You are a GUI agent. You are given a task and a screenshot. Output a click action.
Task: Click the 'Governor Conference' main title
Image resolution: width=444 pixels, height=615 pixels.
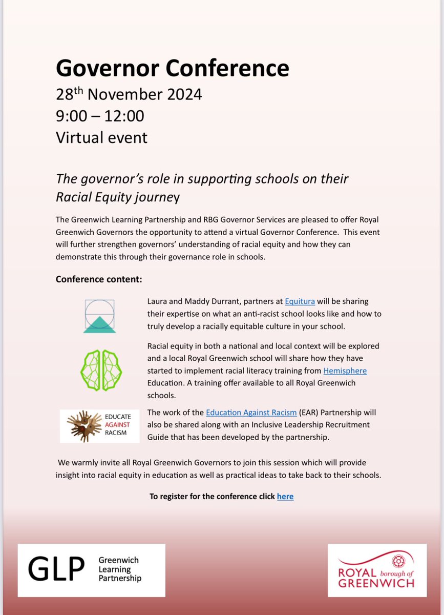[x=172, y=68]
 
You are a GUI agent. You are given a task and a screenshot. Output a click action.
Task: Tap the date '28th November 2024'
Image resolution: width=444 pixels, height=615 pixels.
[x=129, y=94]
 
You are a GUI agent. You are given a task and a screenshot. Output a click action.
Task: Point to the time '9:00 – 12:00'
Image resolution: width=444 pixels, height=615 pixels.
[x=100, y=116]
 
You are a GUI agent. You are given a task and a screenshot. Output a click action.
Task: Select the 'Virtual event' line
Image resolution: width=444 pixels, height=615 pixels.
[x=101, y=137]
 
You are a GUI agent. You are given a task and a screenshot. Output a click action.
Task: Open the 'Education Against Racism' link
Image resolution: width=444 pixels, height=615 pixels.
[x=251, y=412]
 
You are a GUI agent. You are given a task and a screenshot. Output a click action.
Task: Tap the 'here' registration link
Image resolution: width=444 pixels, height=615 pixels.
[x=285, y=496]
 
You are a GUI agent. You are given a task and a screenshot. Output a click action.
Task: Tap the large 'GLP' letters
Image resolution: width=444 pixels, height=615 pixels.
[x=56, y=569]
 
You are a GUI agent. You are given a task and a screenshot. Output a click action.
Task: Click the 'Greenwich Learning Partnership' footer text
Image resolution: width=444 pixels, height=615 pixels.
[x=119, y=569]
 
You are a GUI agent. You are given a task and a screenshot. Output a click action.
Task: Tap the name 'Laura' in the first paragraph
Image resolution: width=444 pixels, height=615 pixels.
[x=158, y=301]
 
